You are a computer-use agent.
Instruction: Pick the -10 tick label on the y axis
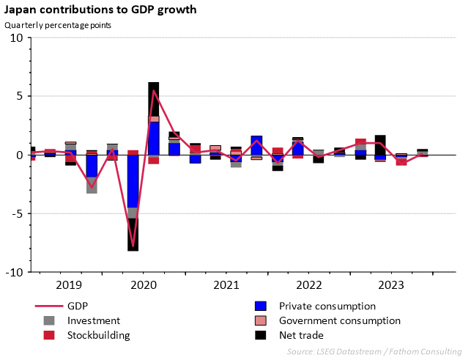(x=15, y=272)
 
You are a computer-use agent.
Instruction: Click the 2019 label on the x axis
(x=70, y=284)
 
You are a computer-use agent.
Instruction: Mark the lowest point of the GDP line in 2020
(x=133, y=246)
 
